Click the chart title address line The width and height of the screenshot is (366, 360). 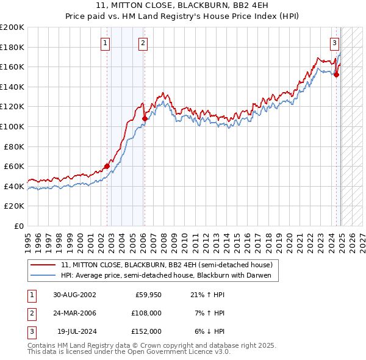(183, 5)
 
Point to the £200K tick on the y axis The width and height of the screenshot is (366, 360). (12, 27)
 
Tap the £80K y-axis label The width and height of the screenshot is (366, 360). (14, 146)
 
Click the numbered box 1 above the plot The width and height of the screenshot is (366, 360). (106, 43)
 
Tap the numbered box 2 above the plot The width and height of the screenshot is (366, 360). (142, 43)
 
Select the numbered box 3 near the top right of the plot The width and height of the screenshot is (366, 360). (335, 43)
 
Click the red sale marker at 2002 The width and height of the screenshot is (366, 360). (107, 166)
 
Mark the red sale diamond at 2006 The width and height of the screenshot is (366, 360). (145, 118)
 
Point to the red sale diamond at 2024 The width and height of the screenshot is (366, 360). (336, 75)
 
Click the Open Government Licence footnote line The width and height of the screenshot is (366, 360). (129, 352)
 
